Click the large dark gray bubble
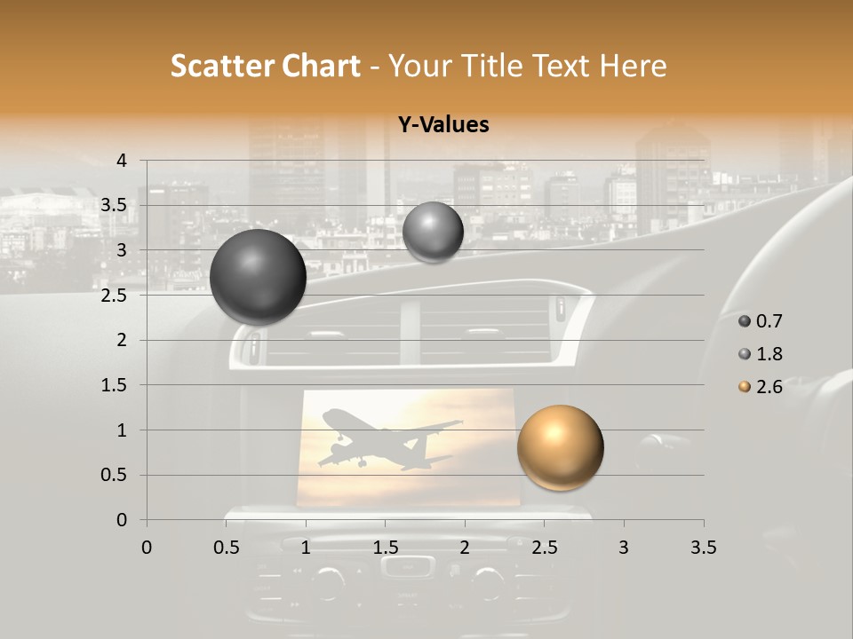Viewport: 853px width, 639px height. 258,277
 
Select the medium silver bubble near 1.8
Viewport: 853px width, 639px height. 433,232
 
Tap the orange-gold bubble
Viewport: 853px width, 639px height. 560,447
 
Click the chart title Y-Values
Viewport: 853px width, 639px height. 442,125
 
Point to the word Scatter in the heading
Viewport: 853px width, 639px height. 221,66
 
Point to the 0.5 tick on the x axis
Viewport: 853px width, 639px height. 227,548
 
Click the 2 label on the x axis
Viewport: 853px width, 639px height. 465,548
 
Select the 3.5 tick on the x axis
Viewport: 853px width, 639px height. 703,548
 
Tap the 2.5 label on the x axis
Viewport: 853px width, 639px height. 544,548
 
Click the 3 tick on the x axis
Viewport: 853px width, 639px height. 624,548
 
